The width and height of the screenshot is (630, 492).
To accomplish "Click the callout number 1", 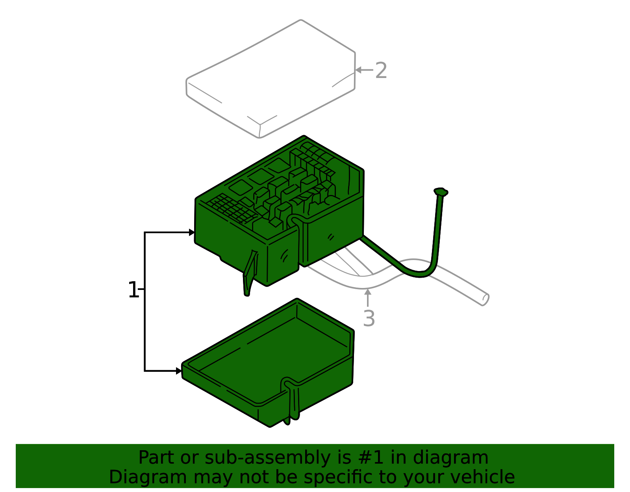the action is click(133, 290).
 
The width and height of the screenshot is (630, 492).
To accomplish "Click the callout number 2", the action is click(381, 70).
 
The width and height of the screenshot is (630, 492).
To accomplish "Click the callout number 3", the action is click(369, 318).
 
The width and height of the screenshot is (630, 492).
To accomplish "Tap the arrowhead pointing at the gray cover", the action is click(358, 70).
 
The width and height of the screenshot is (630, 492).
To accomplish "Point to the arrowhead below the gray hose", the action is click(368, 292).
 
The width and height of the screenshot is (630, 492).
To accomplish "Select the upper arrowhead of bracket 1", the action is click(192, 232).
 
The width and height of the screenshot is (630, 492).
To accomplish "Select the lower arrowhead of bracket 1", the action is click(179, 371).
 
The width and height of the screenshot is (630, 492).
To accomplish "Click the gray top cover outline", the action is click(271, 78).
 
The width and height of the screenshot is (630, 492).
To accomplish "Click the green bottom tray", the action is click(268, 362).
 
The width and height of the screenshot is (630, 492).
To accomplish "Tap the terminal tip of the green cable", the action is click(440, 191).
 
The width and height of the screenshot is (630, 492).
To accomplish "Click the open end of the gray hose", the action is click(485, 299).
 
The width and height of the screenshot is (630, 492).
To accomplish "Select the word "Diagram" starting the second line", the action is click(148, 477).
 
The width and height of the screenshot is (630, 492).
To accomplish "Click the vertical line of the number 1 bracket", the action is click(145, 301).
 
